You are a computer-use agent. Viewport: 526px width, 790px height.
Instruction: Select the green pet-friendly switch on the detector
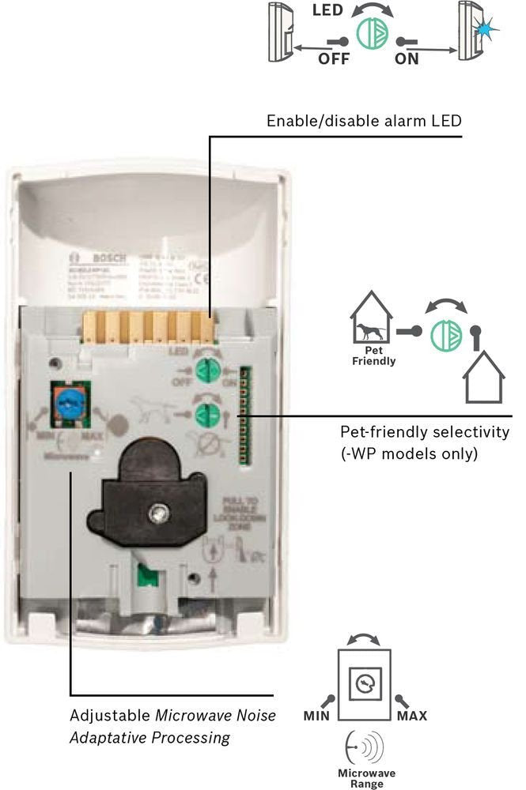pos(206,414)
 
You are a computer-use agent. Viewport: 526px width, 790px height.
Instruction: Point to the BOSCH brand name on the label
pos(102,258)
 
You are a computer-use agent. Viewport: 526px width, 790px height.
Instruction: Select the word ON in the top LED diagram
pos(407,59)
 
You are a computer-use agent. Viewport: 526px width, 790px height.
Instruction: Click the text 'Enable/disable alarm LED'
pos(363,121)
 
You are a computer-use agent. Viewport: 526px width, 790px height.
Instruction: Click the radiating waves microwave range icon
pos(365,747)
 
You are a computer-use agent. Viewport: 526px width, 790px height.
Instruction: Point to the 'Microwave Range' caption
pos(366,778)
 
